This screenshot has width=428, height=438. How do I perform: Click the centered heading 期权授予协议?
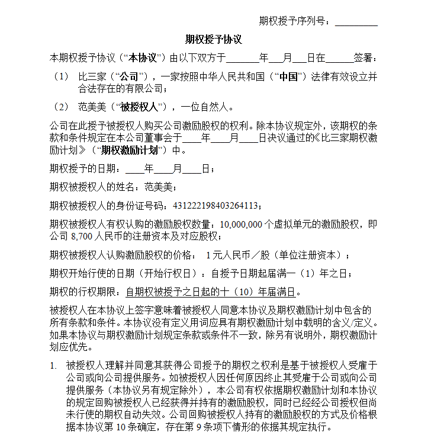(x=214, y=40)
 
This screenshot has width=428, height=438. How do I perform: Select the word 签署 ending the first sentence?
(x=362, y=59)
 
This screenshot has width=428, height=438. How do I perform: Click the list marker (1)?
(x=61, y=77)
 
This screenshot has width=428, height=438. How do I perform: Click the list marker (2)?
(x=61, y=107)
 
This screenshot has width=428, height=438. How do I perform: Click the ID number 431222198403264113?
(x=215, y=206)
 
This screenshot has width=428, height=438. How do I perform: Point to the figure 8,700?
(x=82, y=236)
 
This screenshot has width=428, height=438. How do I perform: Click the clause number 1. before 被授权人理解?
(x=53, y=366)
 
